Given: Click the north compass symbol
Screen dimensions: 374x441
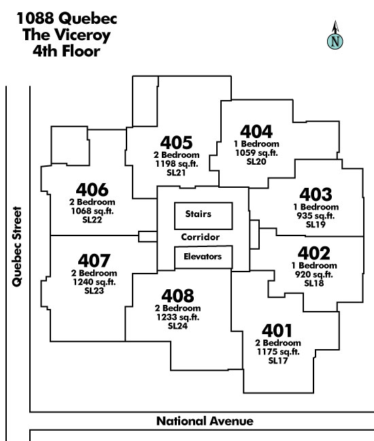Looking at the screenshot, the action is (x=335, y=35).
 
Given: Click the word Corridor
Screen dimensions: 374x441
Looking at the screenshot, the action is (x=200, y=237).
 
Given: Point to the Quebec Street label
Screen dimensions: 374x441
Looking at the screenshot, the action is (x=17, y=246).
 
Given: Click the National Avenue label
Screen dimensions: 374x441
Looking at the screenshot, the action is (x=205, y=421).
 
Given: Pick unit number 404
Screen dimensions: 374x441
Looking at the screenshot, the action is (x=256, y=131).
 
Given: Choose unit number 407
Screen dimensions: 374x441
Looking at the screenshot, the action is (x=94, y=261).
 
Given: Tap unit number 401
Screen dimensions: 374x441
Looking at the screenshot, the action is (x=277, y=331).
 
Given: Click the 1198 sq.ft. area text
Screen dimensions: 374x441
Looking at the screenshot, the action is (x=177, y=163).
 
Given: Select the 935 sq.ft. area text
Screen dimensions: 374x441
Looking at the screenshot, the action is (x=316, y=216).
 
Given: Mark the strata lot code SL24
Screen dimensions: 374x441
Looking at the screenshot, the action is (x=177, y=326).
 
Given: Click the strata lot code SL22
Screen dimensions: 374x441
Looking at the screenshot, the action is (x=92, y=220).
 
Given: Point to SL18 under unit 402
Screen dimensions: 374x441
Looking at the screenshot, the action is (x=314, y=283).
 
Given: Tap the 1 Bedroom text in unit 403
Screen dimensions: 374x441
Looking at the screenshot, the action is (x=316, y=207).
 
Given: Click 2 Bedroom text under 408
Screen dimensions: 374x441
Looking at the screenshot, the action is (x=177, y=308).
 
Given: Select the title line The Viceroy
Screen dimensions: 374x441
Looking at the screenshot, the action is (x=67, y=35).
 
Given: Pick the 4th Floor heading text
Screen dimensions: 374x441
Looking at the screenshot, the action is (x=67, y=51).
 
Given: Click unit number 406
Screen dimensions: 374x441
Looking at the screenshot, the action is (x=92, y=190).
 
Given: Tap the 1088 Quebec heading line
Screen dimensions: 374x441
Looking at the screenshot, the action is (x=67, y=18).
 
